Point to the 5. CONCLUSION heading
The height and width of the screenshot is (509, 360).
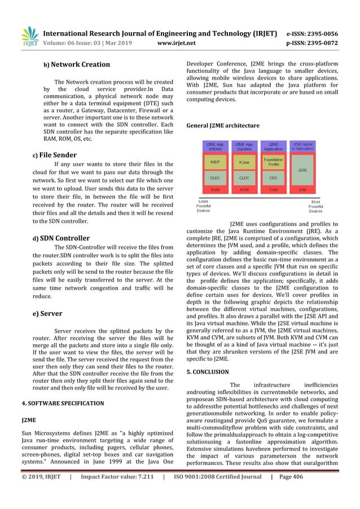[208, 372]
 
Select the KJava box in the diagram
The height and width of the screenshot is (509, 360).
[244, 162]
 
